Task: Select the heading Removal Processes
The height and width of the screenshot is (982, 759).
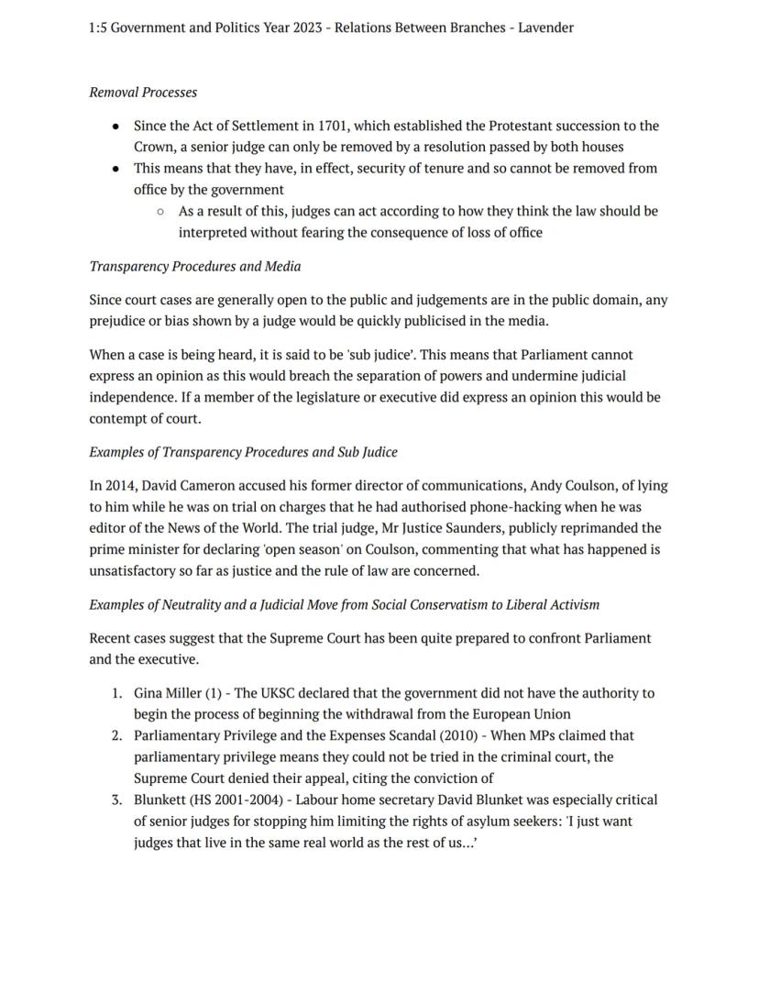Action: point(143,92)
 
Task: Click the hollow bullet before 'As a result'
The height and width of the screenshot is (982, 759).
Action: point(160,211)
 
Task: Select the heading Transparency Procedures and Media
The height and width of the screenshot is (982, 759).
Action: point(194,266)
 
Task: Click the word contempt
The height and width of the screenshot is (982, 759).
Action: point(117,418)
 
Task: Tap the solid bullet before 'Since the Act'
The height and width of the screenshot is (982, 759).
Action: point(115,127)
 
